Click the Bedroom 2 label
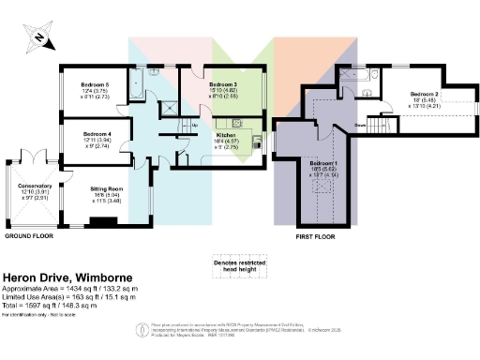425,95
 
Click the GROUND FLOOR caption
29,237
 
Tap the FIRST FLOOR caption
315,237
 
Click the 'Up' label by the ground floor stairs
194,125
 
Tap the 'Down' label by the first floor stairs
359,125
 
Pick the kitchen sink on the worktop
238,122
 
